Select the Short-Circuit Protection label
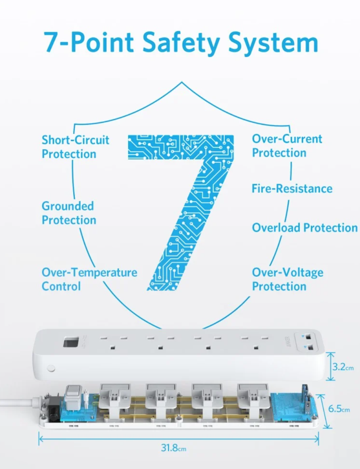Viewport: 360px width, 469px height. click(75, 147)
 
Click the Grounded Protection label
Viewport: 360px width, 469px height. click(69, 213)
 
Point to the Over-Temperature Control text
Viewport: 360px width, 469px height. click(89, 280)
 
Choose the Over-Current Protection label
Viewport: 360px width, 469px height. click(287, 146)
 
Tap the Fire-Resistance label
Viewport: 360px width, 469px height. click(292, 189)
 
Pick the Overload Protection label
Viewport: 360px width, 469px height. click(305, 228)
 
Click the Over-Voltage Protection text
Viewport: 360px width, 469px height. click(287, 280)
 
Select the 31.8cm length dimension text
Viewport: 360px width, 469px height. click(174, 448)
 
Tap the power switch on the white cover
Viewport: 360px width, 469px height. click(71, 342)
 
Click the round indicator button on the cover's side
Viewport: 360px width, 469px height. click(51, 368)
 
